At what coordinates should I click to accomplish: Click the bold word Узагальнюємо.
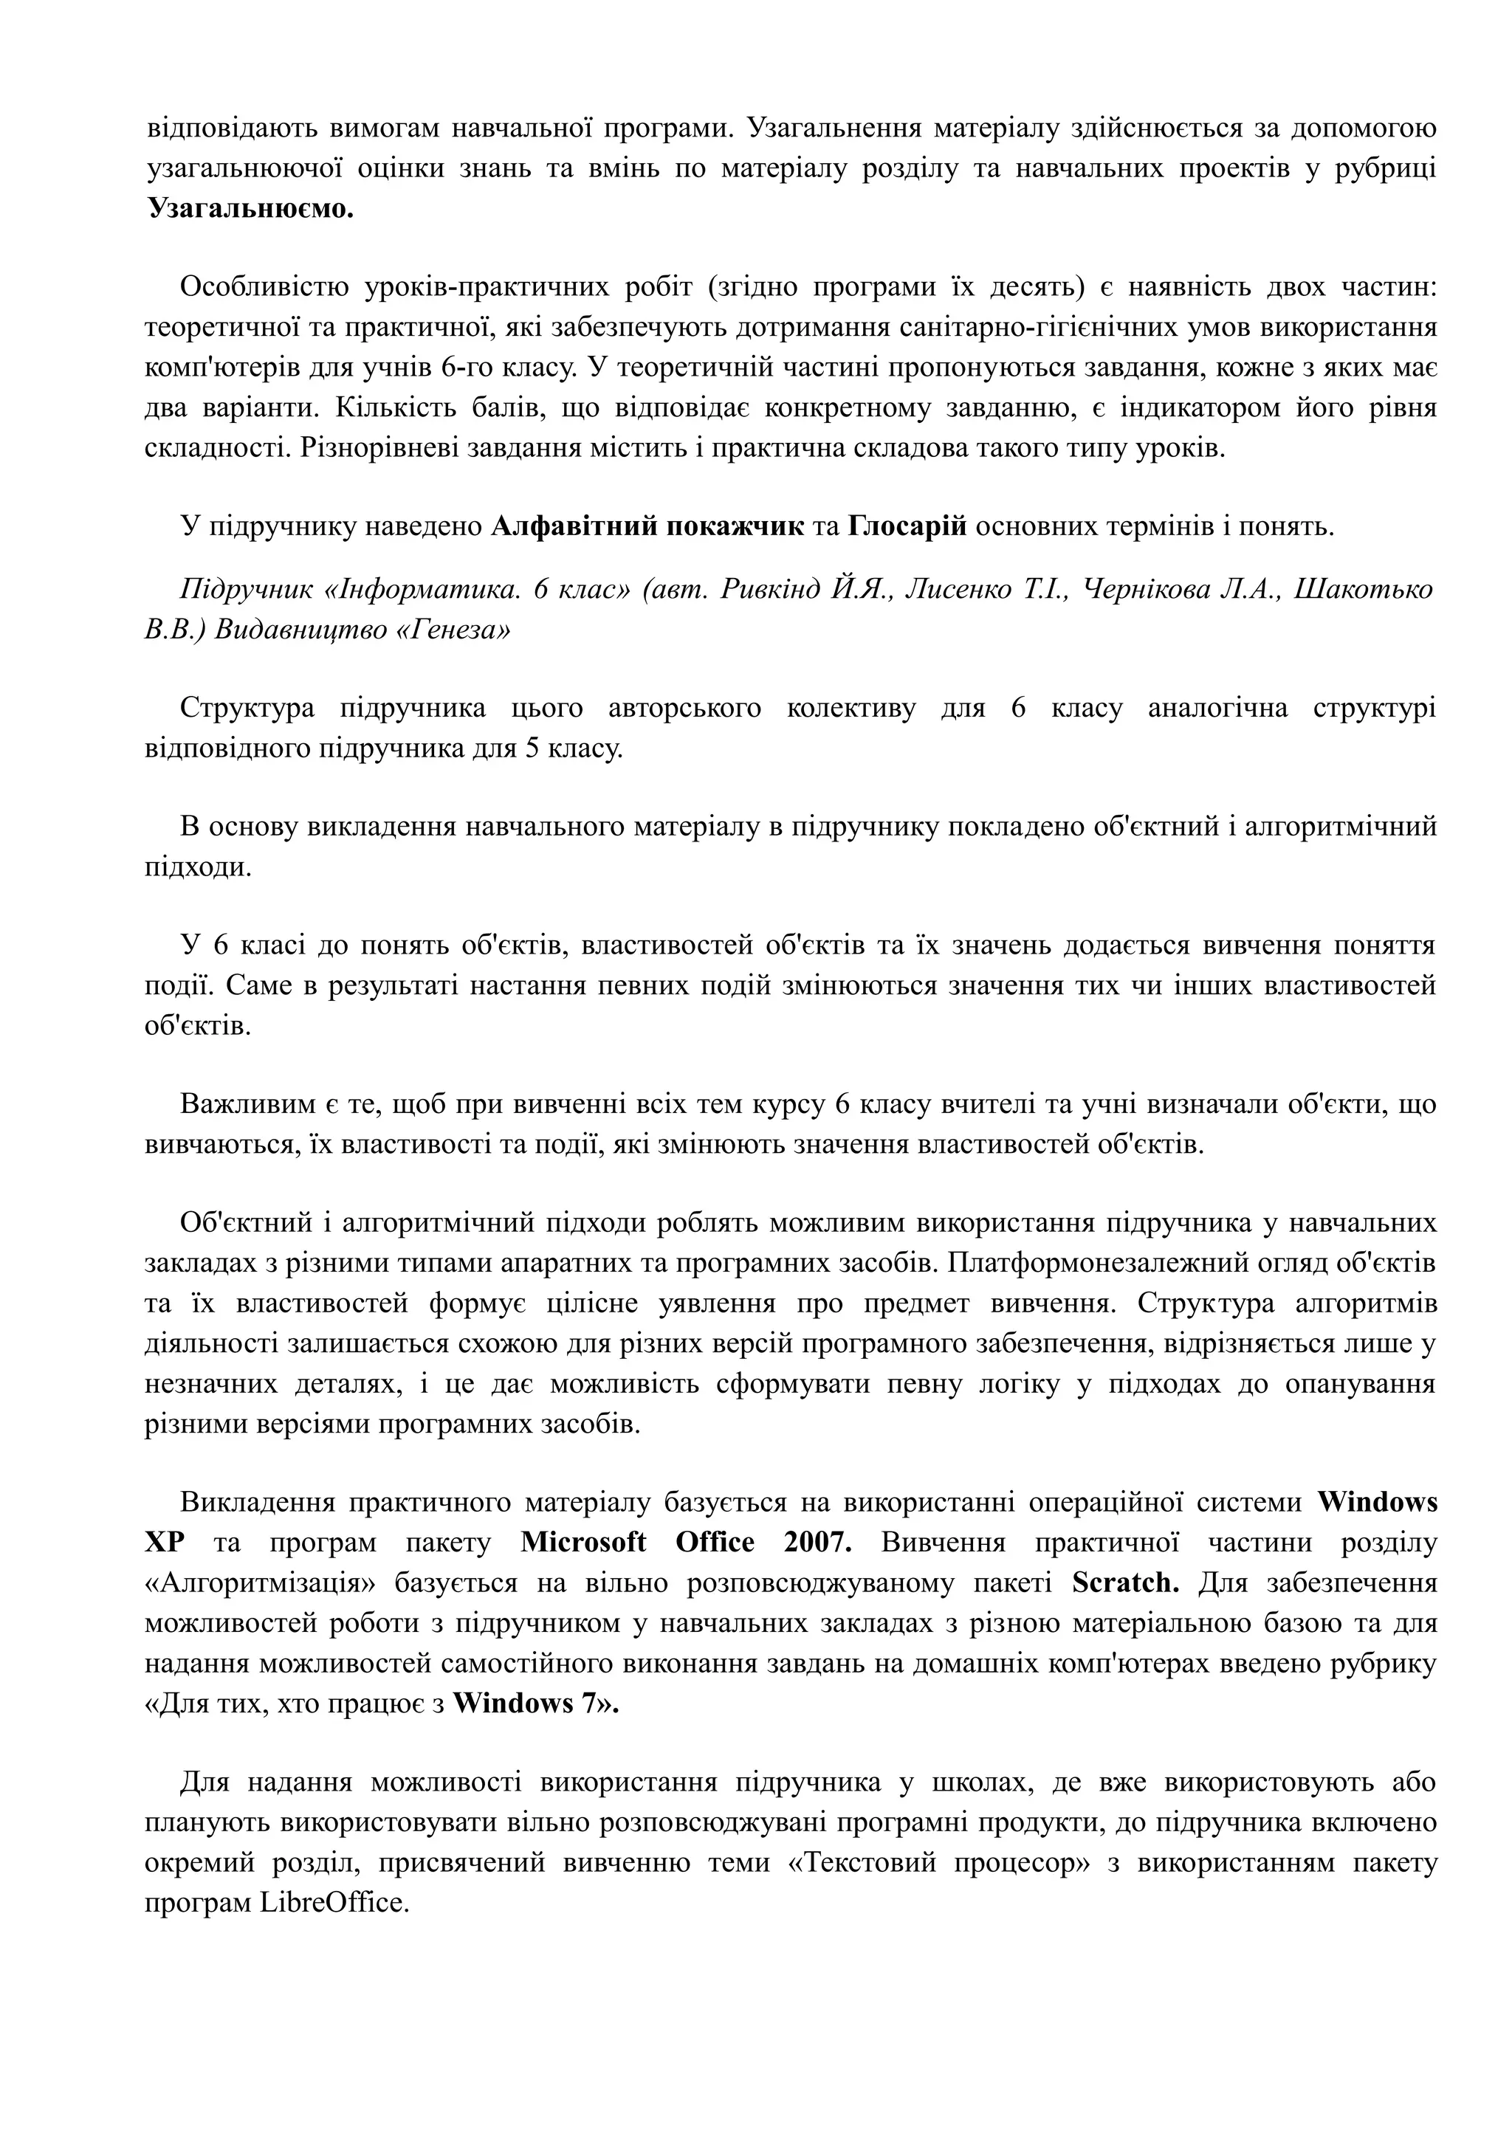click(250, 209)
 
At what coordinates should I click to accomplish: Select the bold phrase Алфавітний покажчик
click(647, 527)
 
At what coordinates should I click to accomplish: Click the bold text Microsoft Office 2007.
click(686, 1543)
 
